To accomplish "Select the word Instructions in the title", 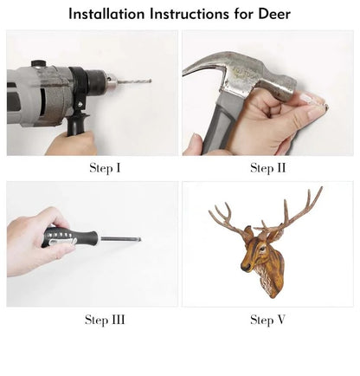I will coord(190,14).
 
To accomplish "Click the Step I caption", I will coord(105,167).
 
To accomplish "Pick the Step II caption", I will coord(267,167).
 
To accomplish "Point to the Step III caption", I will coord(105,320).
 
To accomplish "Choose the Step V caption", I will coord(267,320).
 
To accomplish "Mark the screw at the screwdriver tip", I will coord(137,238).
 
